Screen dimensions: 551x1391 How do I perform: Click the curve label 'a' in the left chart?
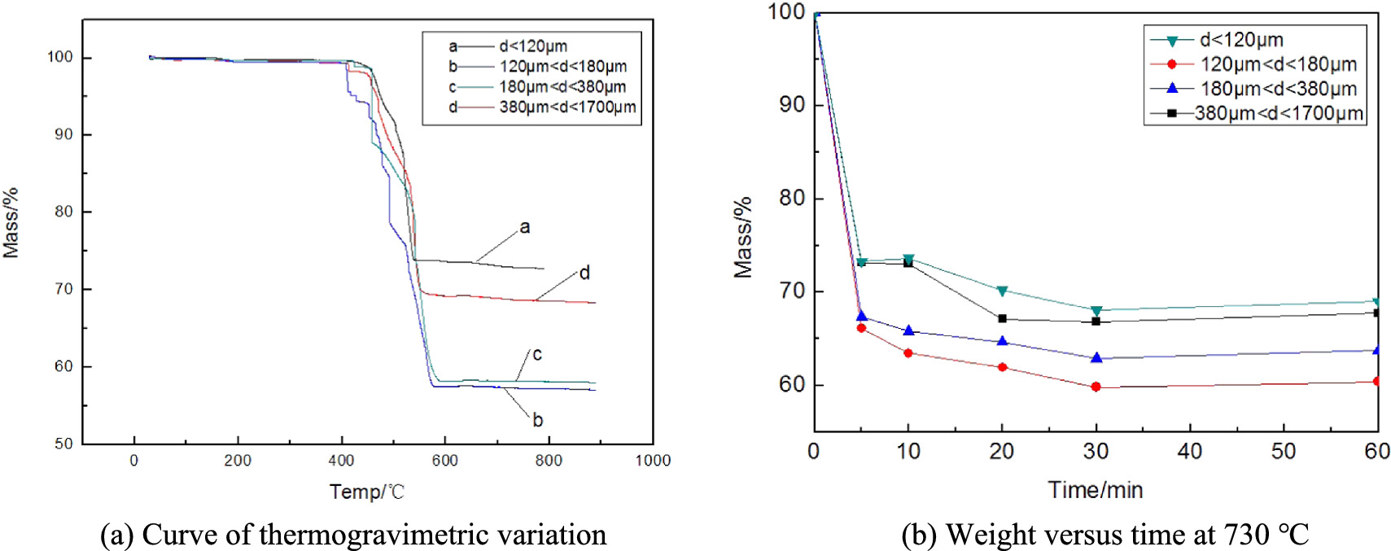pyautogui.click(x=525, y=228)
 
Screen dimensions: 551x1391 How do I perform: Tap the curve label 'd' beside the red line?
pyautogui.click(x=584, y=273)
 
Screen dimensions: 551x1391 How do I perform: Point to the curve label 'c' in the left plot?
pyautogui.click(x=537, y=355)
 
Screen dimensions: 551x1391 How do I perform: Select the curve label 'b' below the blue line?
pyautogui.click(x=537, y=421)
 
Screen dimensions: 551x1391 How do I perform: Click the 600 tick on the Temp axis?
pyautogui.click(x=444, y=461)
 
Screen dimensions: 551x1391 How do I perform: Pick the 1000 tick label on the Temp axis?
pyautogui.click(x=653, y=461)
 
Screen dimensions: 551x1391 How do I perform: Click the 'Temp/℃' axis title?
pyautogui.click(x=366, y=492)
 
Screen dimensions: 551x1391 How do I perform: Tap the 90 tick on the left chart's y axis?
pyautogui.click(x=63, y=134)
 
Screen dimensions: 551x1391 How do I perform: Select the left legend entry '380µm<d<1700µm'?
pyautogui.click(x=567, y=107)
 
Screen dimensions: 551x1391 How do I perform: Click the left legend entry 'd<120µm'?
pyautogui.click(x=533, y=46)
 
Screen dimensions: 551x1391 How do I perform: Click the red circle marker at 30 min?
pyautogui.click(x=1096, y=387)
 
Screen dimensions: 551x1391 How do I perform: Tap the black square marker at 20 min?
pyautogui.click(x=1002, y=319)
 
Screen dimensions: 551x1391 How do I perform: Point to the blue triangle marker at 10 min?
pyautogui.click(x=908, y=330)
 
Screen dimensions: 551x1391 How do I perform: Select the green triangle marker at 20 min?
pyautogui.click(x=1002, y=291)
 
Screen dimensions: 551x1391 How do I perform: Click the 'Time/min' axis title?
pyautogui.click(x=1095, y=490)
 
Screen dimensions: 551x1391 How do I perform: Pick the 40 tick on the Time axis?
pyautogui.click(x=1189, y=451)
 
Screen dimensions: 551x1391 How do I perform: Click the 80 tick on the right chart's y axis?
pyautogui.click(x=792, y=198)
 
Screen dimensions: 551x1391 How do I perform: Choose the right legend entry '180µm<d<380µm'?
pyautogui.click(x=1278, y=89)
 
